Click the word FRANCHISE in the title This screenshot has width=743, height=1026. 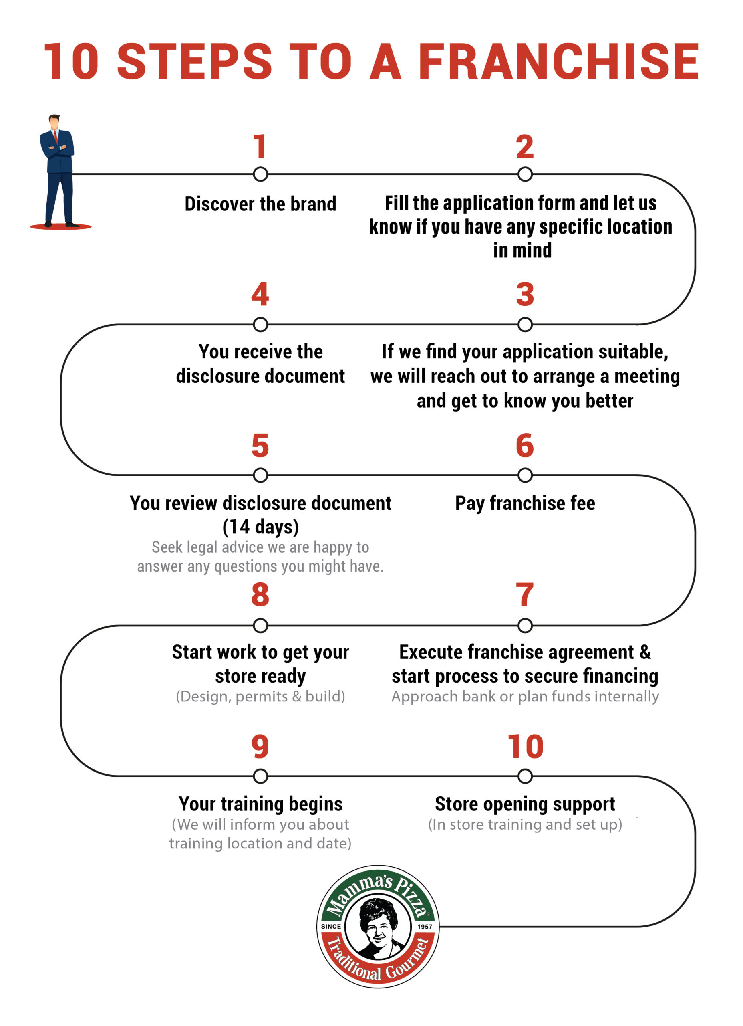coord(558,62)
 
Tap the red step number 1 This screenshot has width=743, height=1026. coord(260,147)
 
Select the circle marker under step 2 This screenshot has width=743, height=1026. coord(525,174)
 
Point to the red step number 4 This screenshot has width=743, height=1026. coord(260,294)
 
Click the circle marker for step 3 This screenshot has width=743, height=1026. coord(525,324)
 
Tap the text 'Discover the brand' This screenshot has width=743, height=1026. coord(260,204)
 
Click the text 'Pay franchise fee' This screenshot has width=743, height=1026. coord(525,503)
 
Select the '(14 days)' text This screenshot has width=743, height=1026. coord(260,527)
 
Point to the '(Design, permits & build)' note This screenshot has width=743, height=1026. coord(260,696)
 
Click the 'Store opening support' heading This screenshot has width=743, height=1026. coord(525,804)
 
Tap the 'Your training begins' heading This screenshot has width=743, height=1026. coord(260,804)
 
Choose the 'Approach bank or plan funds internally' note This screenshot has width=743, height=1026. coord(525,696)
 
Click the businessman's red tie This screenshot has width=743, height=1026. coord(56,137)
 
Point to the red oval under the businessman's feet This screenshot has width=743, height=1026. coord(60,227)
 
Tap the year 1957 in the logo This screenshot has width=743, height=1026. coord(425,927)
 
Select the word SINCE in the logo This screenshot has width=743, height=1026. coord(331,927)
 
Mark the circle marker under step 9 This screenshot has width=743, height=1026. coord(260,776)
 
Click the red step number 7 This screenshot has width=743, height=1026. coord(525,594)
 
